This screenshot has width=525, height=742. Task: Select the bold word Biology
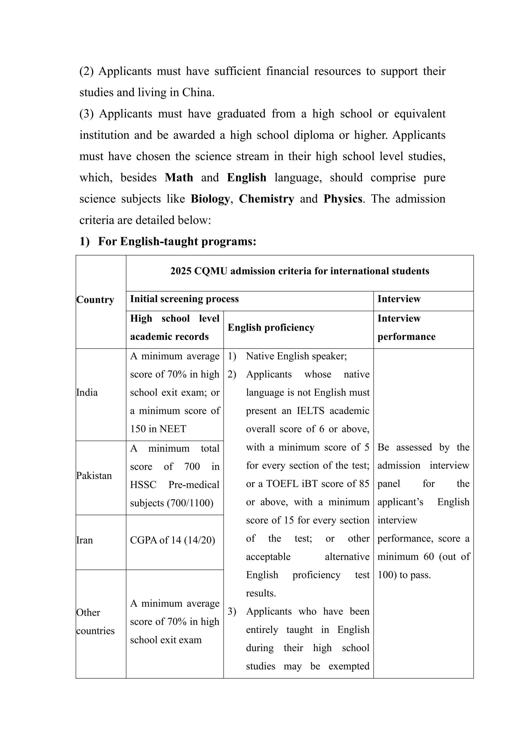[x=210, y=199]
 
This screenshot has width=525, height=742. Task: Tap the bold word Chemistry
[x=266, y=199]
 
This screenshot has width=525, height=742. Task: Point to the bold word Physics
[x=343, y=199]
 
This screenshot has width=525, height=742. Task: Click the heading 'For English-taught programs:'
[x=177, y=241]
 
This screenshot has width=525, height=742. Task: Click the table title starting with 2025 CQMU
[x=300, y=271]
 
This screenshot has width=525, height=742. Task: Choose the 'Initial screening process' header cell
[x=184, y=299]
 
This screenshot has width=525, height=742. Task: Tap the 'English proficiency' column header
[x=271, y=328]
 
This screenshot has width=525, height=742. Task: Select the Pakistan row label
[x=94, y=476]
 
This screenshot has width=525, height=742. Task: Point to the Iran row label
[x=84, y=540]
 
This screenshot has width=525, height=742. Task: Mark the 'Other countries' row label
[x=95, y=622]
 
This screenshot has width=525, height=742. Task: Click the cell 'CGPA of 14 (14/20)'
[x=172, y=540]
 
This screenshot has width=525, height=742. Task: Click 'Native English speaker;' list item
[x=296, y=356]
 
